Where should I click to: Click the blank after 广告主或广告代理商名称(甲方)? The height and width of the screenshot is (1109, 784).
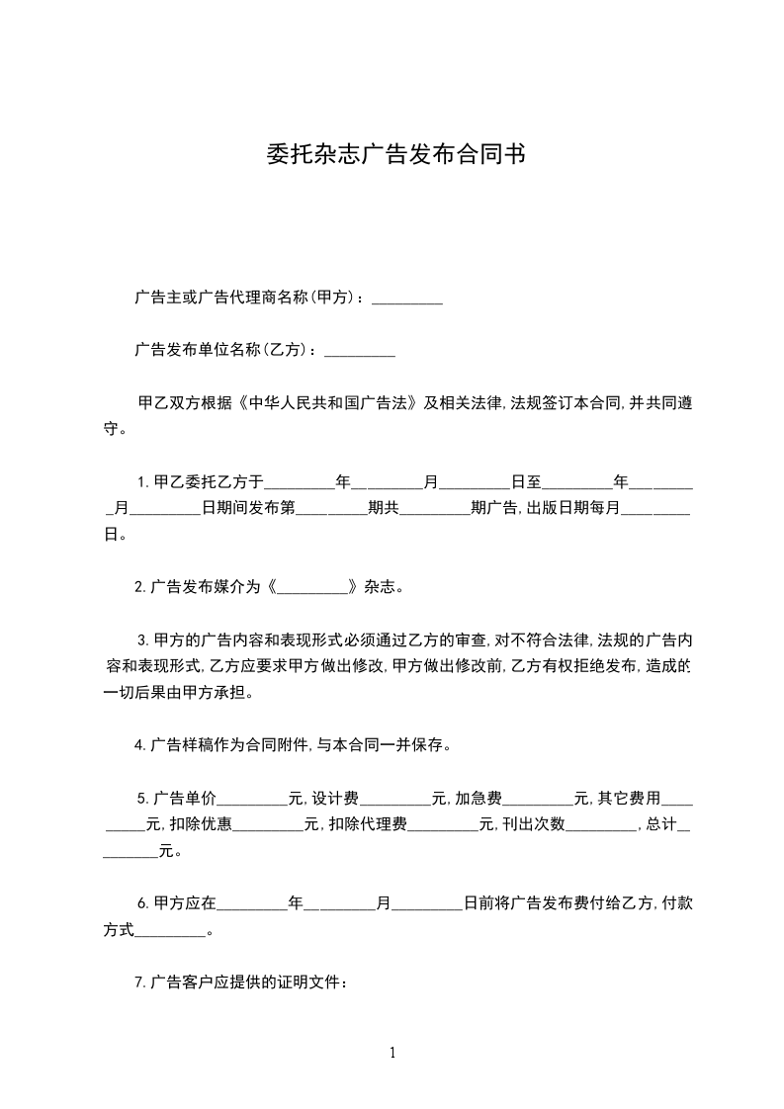click(x=406, y=297)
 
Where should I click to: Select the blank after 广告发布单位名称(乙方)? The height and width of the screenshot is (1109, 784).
click(x=360, y=350)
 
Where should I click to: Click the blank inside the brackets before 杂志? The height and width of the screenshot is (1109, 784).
click(x=312, y=586)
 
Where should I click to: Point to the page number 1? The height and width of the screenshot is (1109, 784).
click(x=392, y=1054)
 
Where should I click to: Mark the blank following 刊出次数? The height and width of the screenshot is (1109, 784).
click(x=600, y=824)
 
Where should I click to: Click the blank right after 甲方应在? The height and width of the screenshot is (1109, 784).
click(x=251, y=903)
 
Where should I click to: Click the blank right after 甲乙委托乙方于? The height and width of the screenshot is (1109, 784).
click(x=301, y=482)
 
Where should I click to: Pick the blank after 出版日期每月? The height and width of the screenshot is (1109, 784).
click(x=654, y=509)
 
